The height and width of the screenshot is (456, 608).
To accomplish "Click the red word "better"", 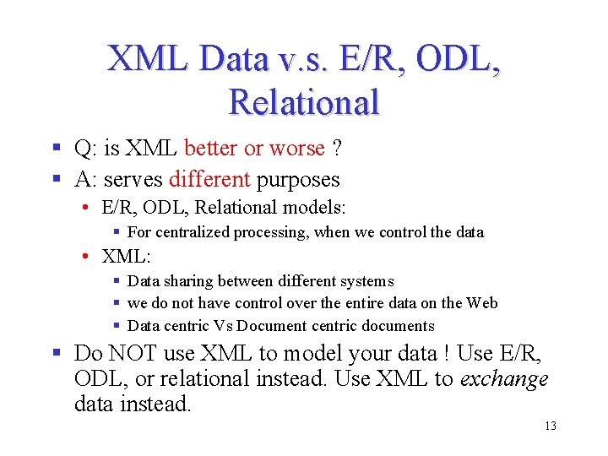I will pos(210,149).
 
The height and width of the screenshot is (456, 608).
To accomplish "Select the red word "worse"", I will pos(296,149).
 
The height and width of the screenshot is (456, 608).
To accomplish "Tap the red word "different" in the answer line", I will pos(209,179).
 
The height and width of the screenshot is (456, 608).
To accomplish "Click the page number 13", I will pos(550,426).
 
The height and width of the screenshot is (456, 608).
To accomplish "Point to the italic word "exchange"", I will pos(504,378).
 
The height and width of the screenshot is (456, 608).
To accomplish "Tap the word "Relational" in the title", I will pos(304,103).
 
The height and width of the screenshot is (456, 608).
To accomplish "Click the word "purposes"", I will pos(298,179).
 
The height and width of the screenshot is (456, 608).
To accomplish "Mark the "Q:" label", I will pos(85,149).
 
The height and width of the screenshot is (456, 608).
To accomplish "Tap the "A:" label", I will pos(85,179).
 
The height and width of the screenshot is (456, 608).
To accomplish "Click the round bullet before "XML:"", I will pos(88,256).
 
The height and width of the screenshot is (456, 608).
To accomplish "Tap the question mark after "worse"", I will pos(336,149).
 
